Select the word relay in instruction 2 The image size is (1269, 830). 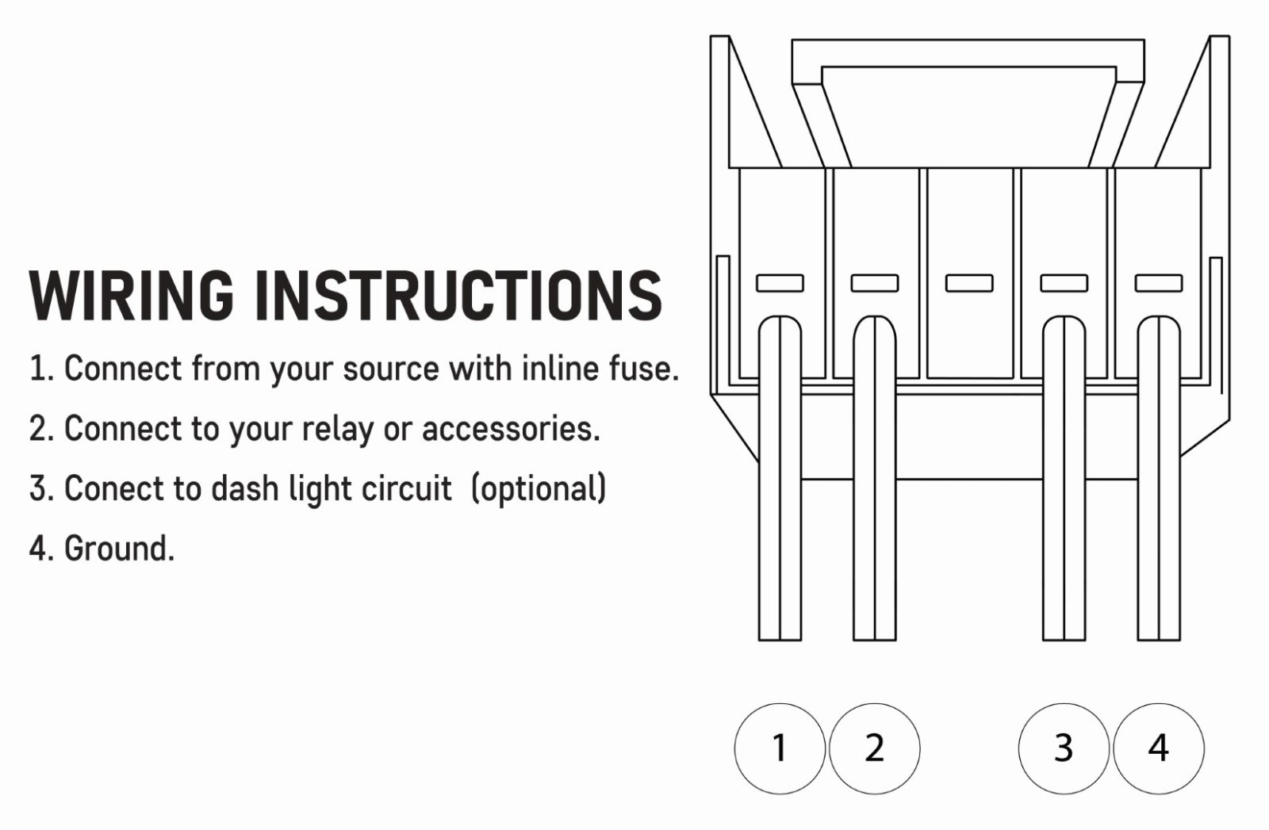[x=338, y=429]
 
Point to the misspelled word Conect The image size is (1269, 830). [x=115, y=488]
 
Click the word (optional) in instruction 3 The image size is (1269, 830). [x=539, y=488]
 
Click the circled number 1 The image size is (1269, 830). [x=780, y=748]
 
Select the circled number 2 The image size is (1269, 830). [x=874, y=748]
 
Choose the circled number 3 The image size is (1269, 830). [x=1064, y=748]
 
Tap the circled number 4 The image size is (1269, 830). [x=1159, y=748]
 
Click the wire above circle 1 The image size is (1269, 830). [x=780, y=478]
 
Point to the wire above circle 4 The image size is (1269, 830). [x=1159, y=478]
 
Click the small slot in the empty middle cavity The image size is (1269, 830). [x=969, y=283]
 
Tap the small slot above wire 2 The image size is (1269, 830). [x=875, y=283]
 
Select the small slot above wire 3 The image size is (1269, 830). [x=1064, y=283]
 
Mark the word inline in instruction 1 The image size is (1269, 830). [x=559, y=368]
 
